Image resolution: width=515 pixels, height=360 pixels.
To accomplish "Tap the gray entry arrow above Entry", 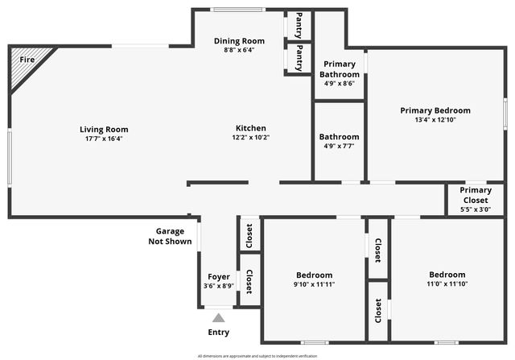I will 219,318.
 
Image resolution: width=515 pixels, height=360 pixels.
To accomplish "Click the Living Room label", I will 104,129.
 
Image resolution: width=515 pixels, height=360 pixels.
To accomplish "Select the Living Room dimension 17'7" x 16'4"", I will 104,138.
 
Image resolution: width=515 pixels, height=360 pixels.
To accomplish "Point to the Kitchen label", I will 250,128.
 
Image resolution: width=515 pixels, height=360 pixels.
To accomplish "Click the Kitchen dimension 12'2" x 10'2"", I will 250,137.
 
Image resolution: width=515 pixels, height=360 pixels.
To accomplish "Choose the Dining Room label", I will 239,40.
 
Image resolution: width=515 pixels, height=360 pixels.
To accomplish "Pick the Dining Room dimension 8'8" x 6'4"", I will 239,49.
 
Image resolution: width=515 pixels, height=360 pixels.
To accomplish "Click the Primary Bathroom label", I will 339,68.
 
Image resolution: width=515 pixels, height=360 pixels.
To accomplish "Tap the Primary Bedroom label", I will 435,110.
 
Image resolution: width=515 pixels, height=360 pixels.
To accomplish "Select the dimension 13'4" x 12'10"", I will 435,119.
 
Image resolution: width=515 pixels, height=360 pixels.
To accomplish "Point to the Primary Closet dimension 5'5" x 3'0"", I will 476,209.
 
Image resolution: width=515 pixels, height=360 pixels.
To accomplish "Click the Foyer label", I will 219,276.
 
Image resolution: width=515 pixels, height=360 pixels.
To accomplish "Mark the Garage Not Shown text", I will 170,236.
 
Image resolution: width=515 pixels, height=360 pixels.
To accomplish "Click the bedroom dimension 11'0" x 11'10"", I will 447,283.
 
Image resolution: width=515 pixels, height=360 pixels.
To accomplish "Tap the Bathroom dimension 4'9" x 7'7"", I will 339,146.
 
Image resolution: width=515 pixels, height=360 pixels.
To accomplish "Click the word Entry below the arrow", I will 219,332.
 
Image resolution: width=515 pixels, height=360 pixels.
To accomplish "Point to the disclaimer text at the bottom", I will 257,355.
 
